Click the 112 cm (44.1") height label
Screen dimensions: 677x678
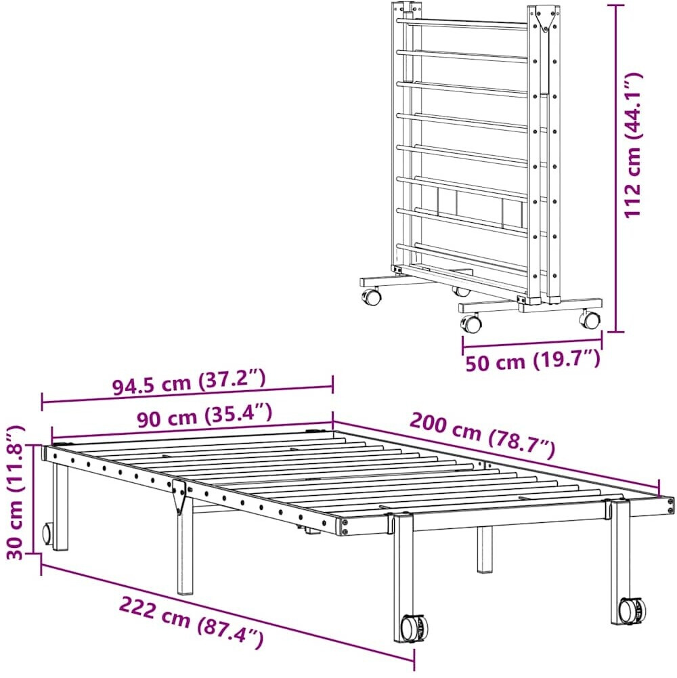(x=634, y=146)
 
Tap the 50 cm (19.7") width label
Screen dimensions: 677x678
(x=533, y=361)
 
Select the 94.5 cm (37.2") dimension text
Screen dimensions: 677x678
(x=189, y=382)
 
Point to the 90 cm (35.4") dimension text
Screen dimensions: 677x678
(x=204, y=416)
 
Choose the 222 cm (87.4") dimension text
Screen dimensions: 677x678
(x=192, y=622)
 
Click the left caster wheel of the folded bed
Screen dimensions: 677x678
(x=372, y=297)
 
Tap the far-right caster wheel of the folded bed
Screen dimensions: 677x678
(x=589, y=319)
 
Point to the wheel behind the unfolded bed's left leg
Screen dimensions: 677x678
(x=47, y=534)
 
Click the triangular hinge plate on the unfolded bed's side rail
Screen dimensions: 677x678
(x=179, y=496)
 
